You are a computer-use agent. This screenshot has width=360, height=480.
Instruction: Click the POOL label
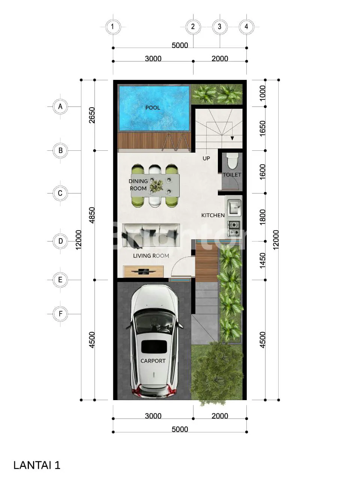[153, 108]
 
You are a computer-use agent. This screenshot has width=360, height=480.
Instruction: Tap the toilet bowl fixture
[232, 161]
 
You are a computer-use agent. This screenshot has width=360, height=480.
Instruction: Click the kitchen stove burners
[234, 228]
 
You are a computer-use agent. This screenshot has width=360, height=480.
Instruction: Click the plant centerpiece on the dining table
[156, 186]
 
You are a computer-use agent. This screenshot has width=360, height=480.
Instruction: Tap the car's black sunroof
[154, 346]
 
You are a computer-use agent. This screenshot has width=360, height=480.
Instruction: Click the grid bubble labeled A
[60, 107]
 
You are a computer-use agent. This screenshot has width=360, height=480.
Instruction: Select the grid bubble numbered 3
[220, 27]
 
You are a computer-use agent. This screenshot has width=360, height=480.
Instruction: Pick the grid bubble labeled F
[60, 314]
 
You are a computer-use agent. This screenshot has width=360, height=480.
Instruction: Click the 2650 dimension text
[92, 115]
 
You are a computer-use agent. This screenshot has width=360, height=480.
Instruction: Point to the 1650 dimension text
[262, 128]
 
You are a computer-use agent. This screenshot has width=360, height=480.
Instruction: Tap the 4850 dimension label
[92, 215]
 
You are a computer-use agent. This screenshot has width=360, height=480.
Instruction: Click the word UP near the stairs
[206, 158]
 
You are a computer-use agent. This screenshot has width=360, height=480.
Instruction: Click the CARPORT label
[153, 361]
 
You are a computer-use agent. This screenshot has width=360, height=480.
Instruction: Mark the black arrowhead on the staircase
[232, 138]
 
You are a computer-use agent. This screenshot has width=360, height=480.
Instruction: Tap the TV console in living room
[143, 271]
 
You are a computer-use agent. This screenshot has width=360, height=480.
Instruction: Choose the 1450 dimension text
[262, 261]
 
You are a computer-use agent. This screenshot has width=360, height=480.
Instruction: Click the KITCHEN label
[213, 215]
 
